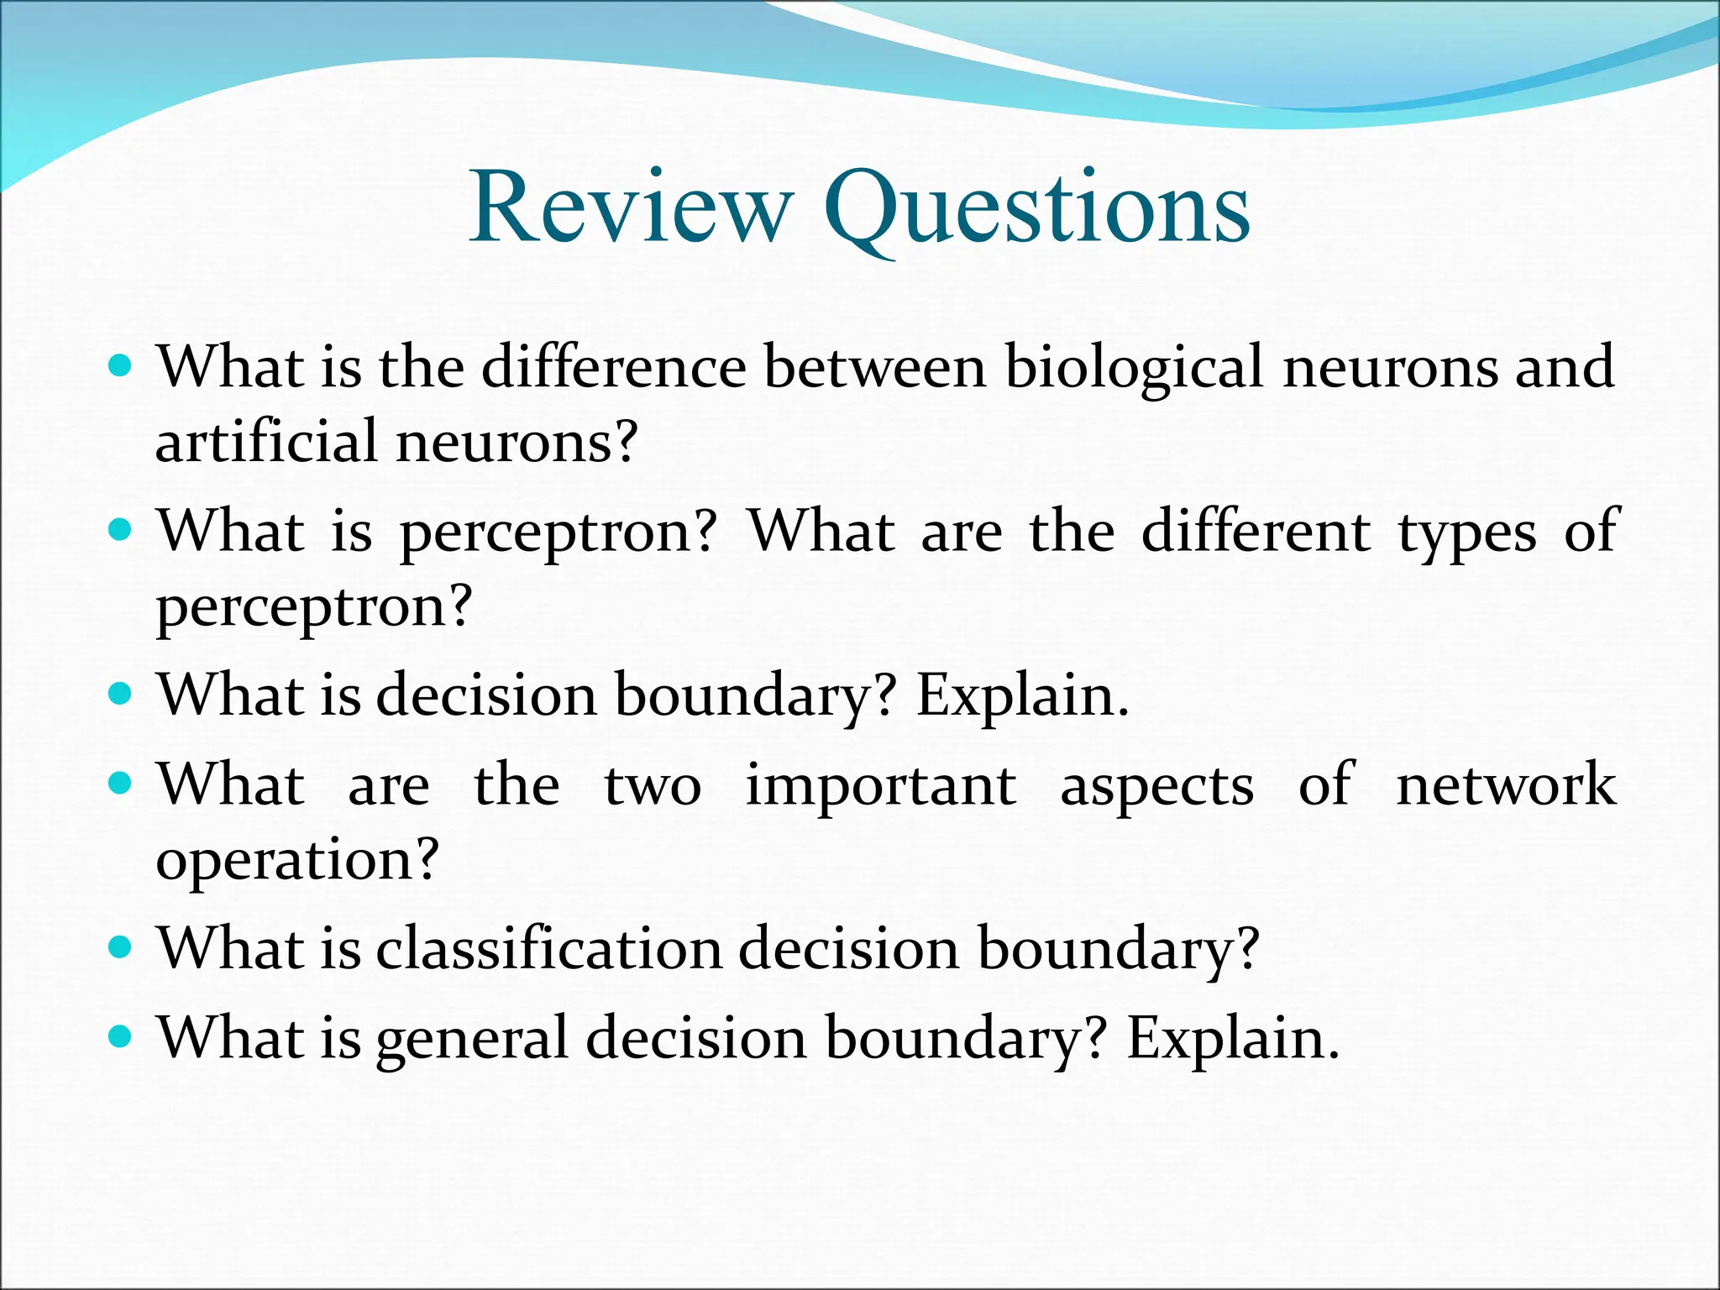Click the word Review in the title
click(631, 207)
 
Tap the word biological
click(1134, 367)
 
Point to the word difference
click(613, 367)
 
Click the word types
click(1466, 532)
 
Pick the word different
click(1256, 531)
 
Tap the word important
click(881, 784)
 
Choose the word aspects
click(1156, 786)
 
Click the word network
click(1505, 784)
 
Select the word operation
click(297, 860)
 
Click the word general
click(472, 1039)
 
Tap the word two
click(653, 786)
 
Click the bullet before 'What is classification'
click(122, 948)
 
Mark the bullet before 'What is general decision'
click(122, 1037)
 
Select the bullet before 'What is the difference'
click(122, 366)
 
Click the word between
click(874, 367)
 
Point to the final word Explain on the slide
click(1231, 1039)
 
